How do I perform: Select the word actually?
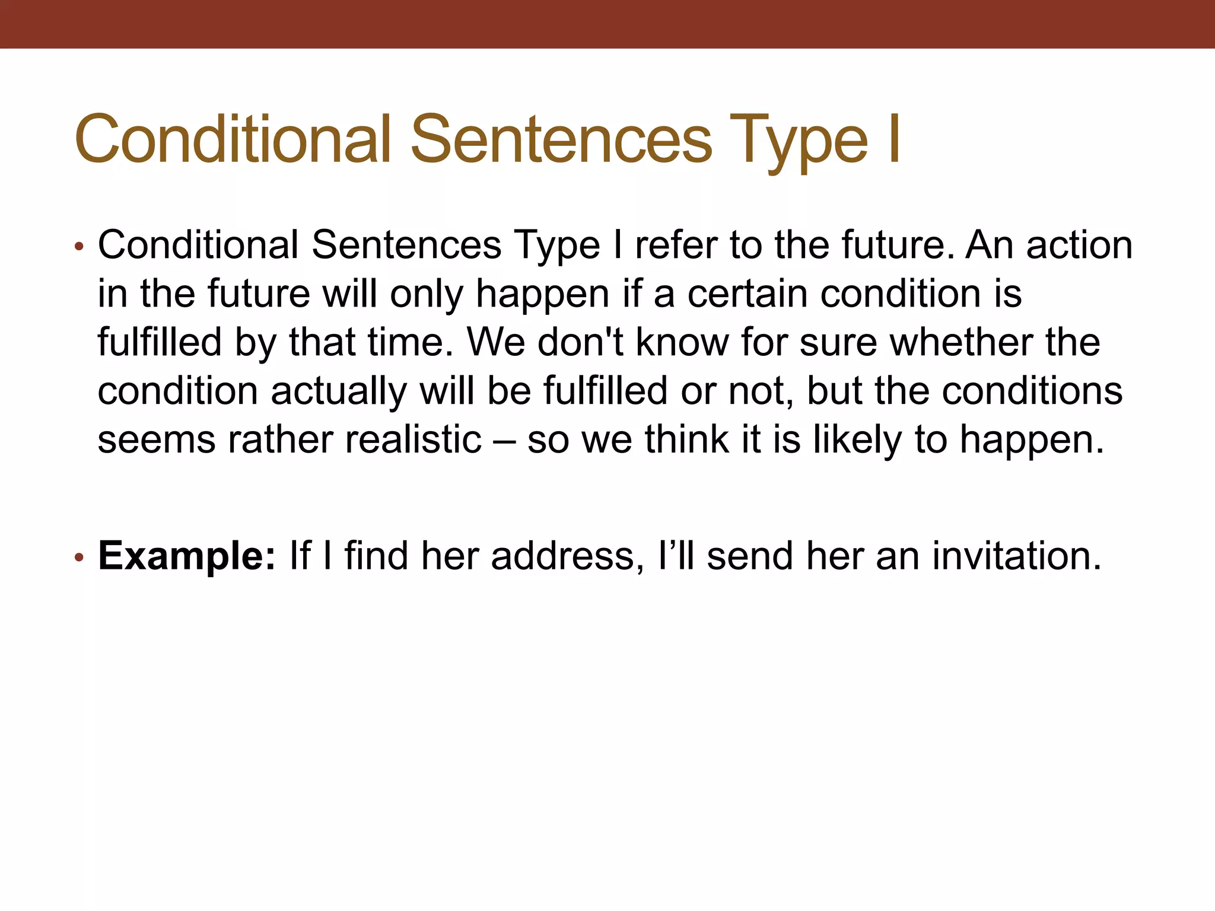pos(339,391)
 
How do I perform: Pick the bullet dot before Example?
pos(79,558)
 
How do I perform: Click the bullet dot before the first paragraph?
pos(79,247)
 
